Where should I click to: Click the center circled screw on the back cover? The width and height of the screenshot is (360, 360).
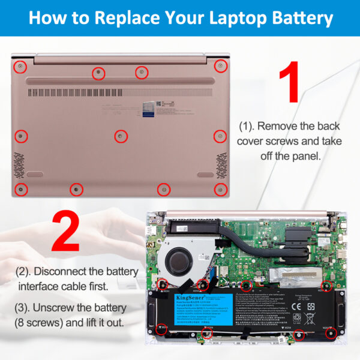click(x=121, y=136)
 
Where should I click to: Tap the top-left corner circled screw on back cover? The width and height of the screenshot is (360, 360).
click(x=20, y=65)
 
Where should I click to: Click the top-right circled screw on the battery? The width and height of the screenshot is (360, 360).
click(x=327, y=284)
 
